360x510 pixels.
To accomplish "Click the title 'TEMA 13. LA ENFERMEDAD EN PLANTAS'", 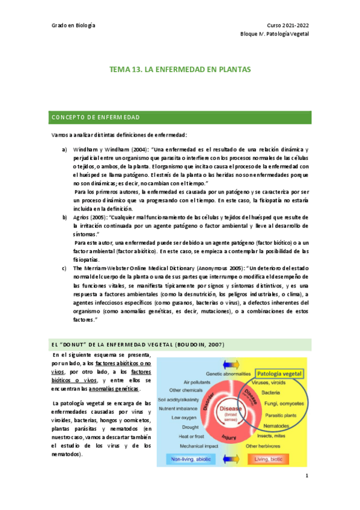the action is coord(180,70).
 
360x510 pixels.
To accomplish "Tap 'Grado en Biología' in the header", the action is coord(73,25).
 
